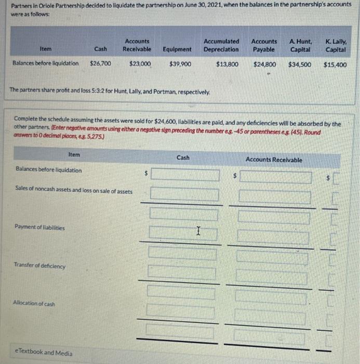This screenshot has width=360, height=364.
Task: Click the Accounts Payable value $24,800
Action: point(265,64)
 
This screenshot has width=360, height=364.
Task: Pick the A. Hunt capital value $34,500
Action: point(300,65)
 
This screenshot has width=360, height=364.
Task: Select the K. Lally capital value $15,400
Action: point(335,66)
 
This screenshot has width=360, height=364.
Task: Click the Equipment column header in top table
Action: point(177,49)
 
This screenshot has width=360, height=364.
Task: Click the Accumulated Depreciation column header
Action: point(221,45)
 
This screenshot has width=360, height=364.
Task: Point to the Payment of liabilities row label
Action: point(41,227)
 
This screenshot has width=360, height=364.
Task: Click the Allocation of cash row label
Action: point(35,303)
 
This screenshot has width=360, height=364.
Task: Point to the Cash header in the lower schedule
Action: point(183,157)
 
